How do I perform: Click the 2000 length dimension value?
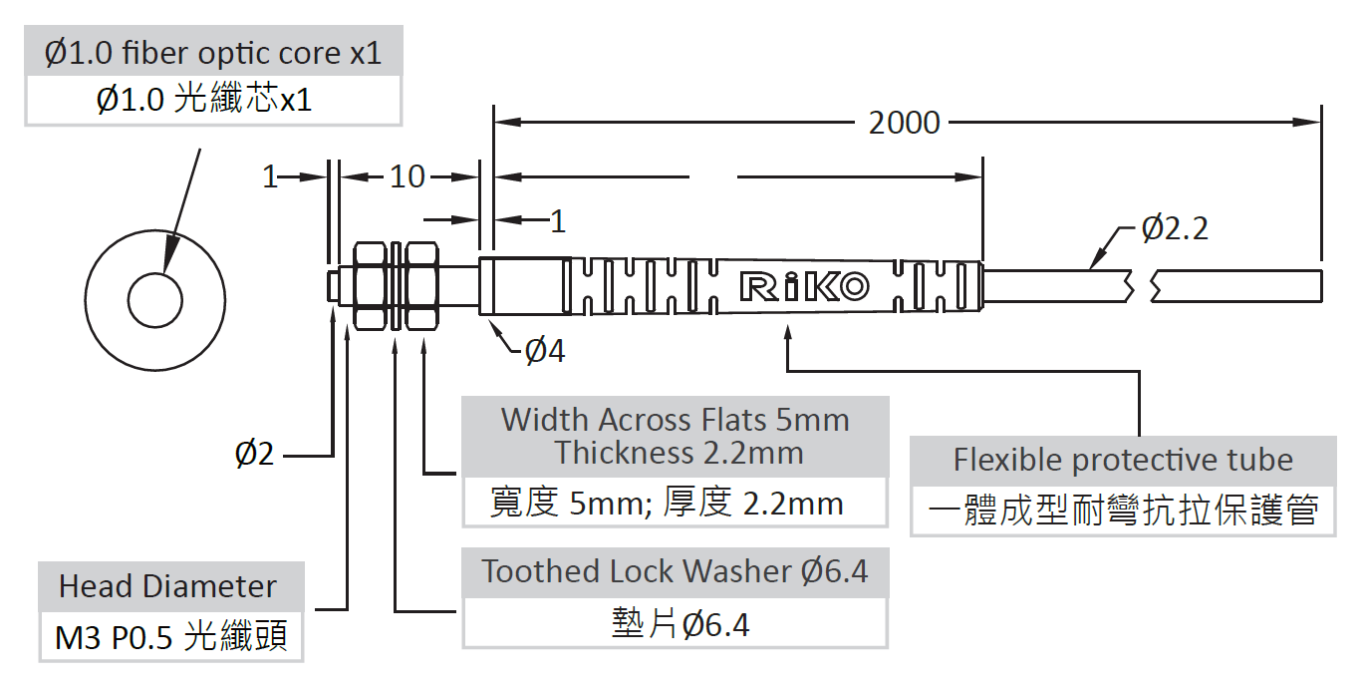coord(905,123)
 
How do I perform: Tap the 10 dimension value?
coord(407,176)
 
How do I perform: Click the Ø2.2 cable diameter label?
coord(1175,228)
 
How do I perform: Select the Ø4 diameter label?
coord(545,351)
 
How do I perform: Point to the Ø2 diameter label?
coord(254,454)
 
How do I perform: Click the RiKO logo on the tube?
coord(804,286)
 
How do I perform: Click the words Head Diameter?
coord(167,586)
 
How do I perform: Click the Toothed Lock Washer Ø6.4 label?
coord(675,571)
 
